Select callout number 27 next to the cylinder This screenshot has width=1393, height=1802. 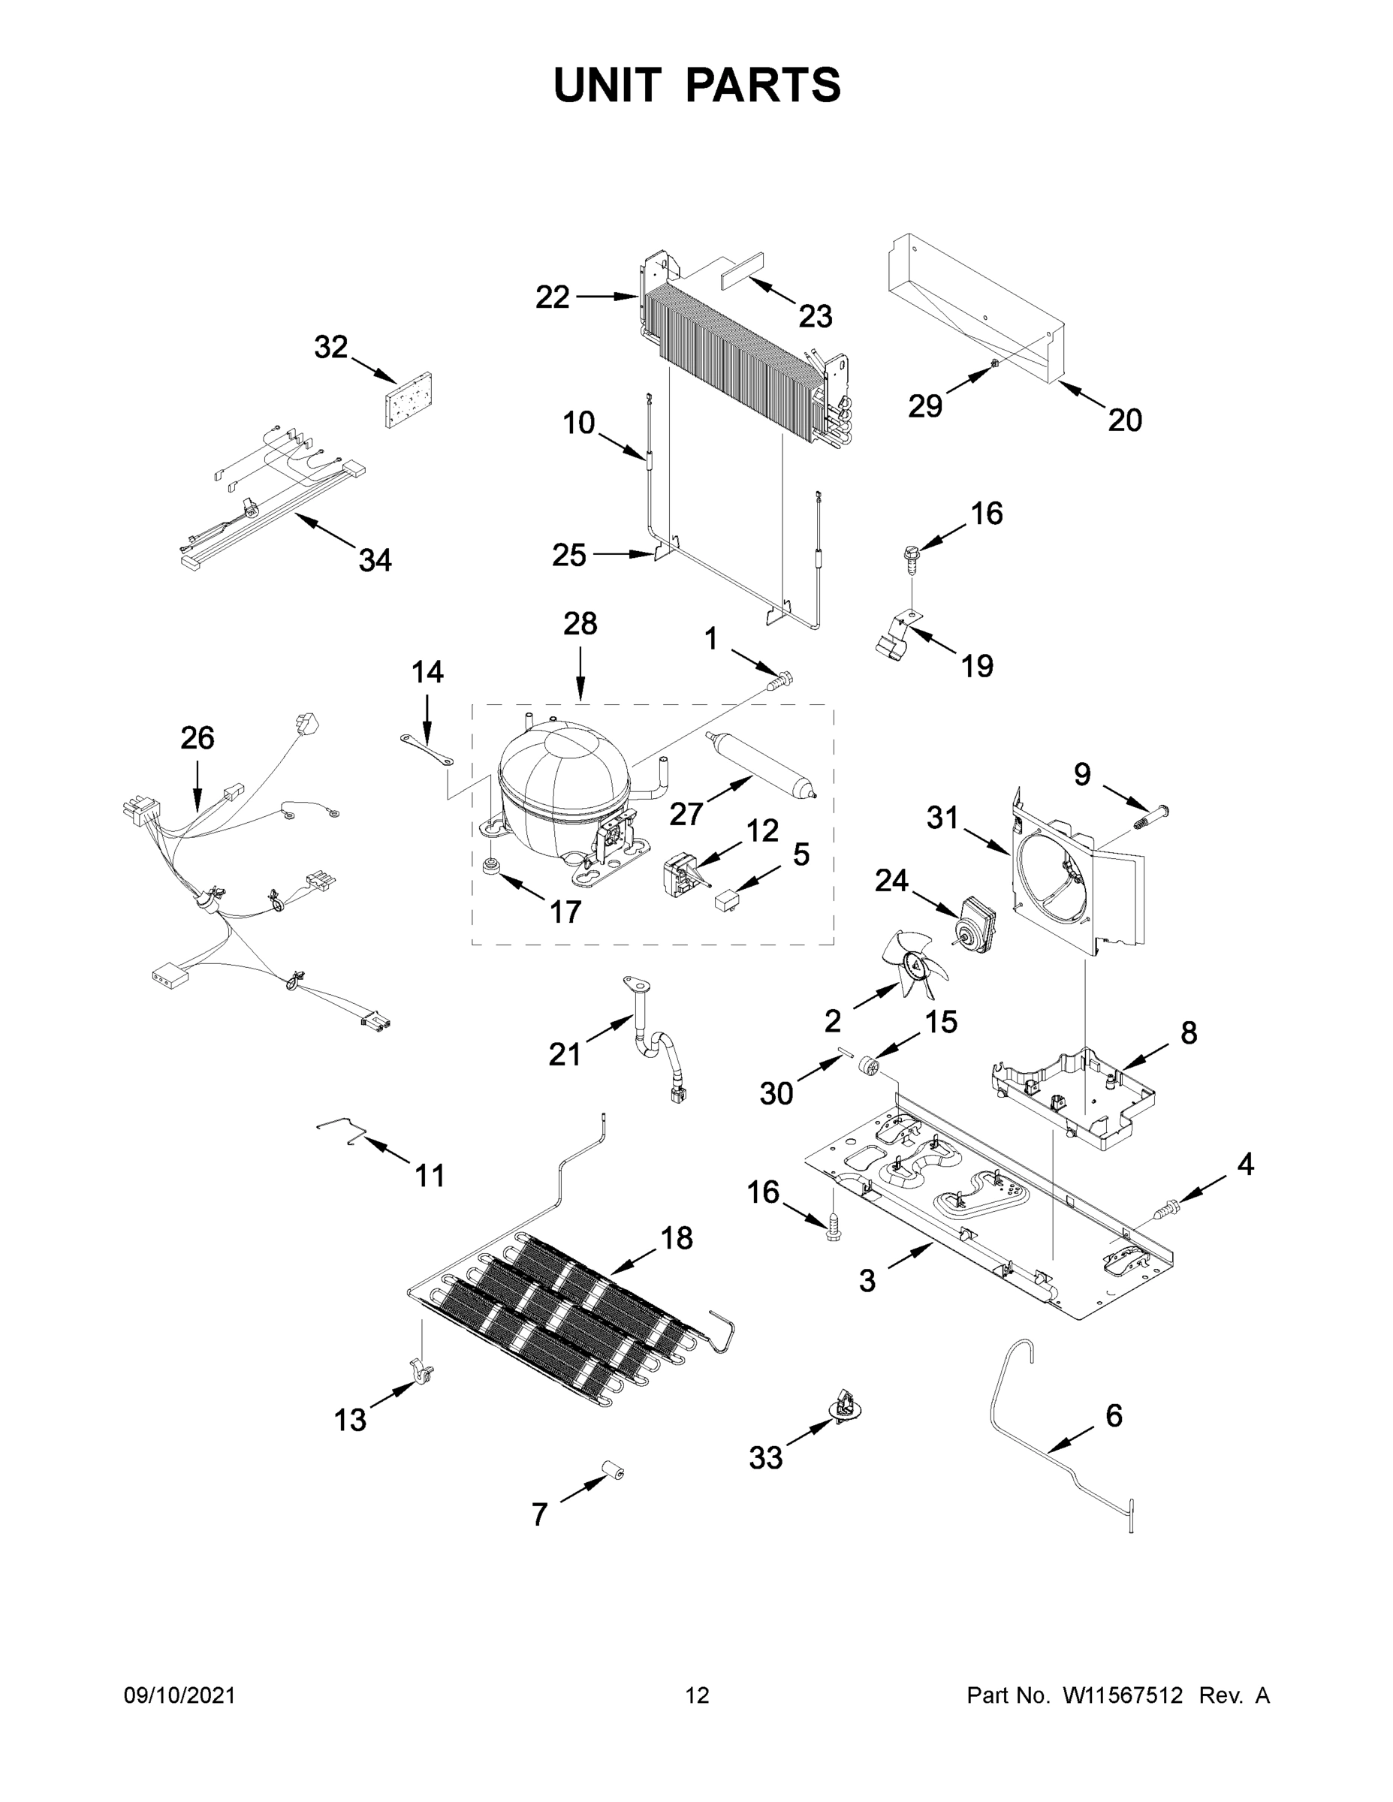coord(686,815)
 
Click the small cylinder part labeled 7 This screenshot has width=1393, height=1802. coord(612,1469)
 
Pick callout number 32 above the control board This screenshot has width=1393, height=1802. coord(330,348)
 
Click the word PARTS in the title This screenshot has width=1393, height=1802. coord(764,85)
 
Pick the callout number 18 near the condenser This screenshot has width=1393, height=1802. coord(677,1237)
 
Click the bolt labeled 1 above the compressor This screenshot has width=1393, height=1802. coord(779,681)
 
